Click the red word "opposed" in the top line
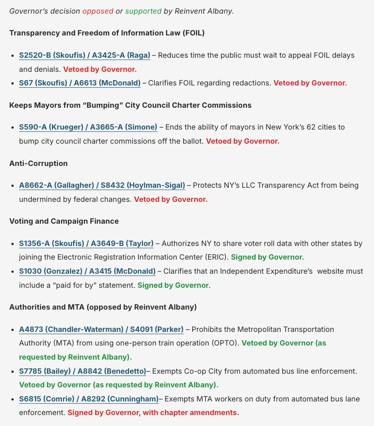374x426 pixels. coord(97,11)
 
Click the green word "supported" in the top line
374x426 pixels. coord(143,11)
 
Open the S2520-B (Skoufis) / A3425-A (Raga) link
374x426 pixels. coord(84,55)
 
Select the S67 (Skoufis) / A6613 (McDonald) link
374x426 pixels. coord(80,83)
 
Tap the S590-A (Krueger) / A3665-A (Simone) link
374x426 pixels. coord(88,127)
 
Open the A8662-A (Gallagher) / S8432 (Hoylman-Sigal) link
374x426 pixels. coord(102,185)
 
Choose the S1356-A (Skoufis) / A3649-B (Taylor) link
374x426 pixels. coord(86,244)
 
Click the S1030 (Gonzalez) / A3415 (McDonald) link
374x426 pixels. coord(87,271)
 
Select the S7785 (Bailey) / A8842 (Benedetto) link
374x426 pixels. coord(82,371)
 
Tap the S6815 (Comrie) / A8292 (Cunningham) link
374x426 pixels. coord(88,399)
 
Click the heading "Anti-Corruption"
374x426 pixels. coord(38,163)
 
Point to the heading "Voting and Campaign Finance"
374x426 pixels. coord(64,221)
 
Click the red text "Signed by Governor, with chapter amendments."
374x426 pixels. coord(153,413)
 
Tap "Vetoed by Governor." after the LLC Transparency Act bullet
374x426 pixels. coord(170,199)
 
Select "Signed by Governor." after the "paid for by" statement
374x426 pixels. coord(174,286)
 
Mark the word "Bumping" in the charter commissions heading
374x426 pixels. coord(97,105)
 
